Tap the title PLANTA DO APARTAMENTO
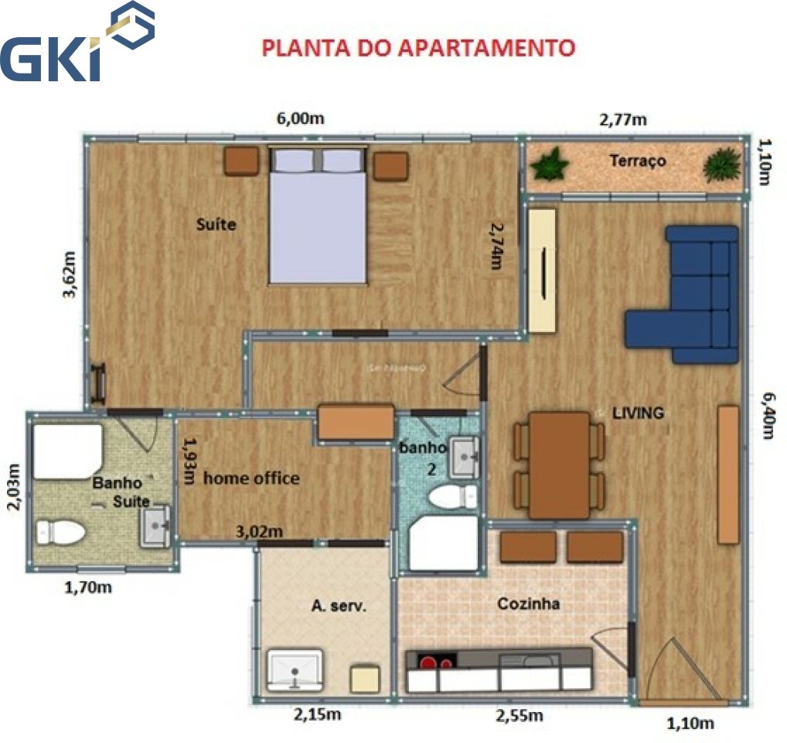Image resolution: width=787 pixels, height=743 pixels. click(417, 48)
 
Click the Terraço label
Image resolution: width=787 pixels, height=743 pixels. click(637, 162)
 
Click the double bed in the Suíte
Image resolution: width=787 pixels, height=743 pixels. click(317, 217)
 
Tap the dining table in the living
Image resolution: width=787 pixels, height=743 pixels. click(559, 464)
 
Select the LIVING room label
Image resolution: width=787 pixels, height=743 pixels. click(638, 413)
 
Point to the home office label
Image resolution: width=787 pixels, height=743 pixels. click(251, 478)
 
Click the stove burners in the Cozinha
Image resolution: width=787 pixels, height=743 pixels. click(437, 661)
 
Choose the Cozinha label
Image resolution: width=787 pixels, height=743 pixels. click(529, 604)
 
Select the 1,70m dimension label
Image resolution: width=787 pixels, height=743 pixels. click(87, 587)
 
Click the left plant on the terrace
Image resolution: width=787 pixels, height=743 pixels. click(550, 164)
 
